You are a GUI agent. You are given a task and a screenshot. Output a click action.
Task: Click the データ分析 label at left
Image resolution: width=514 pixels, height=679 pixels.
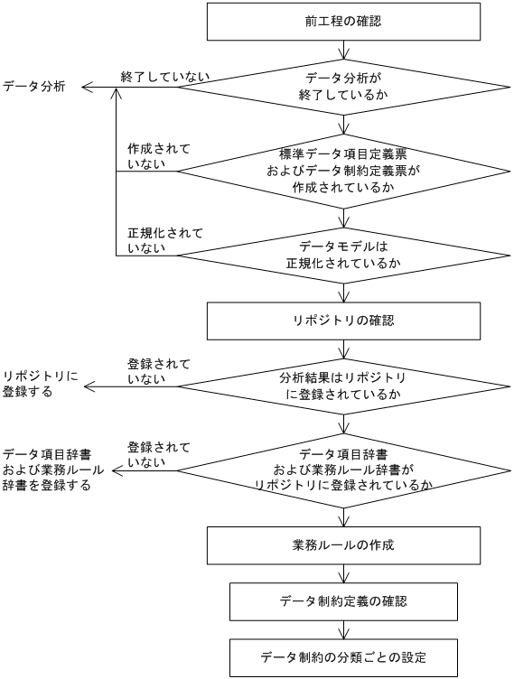click(33, 88)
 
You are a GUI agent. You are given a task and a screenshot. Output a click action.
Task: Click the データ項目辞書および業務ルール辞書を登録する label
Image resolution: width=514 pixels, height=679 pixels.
click(52, 469)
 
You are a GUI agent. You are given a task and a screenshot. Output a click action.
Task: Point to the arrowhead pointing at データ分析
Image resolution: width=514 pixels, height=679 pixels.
click(86, 88)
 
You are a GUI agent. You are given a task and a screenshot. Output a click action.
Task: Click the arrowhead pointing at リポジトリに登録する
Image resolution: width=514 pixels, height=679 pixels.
click(88, 386)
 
